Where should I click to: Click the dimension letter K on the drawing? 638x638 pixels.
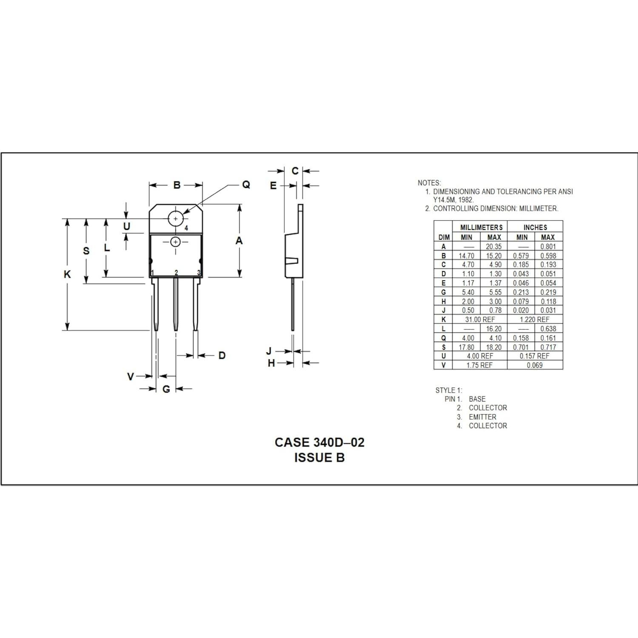click(67, 274)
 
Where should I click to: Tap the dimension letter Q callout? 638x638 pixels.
click(246, 185)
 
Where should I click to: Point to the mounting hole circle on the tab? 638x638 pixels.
click(175, 219)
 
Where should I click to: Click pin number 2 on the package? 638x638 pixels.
click(176, 273)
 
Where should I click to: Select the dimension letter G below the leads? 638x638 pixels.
click(166, 389)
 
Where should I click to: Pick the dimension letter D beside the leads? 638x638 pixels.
click(222, 355)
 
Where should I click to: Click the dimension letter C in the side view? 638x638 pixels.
click(295, 171)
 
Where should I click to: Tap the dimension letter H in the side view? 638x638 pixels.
click(271, 363)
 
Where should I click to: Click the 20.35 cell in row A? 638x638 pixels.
click(494, 246)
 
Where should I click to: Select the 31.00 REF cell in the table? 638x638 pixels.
click(480, 319)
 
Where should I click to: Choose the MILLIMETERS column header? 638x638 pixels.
click(481, 228)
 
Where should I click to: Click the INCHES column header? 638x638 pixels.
click(535, 228)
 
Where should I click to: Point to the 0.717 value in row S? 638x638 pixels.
click(548, 347)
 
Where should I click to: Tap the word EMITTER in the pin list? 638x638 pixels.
click(482, 417)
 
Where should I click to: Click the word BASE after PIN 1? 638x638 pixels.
click(477, 399)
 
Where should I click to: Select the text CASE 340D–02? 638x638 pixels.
click(319, 442)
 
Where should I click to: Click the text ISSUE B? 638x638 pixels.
click(319, 458)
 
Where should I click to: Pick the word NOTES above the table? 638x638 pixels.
click(429, 183)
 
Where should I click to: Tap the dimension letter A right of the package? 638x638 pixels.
click(239, 241)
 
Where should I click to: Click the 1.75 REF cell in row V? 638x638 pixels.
click(479, 365)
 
